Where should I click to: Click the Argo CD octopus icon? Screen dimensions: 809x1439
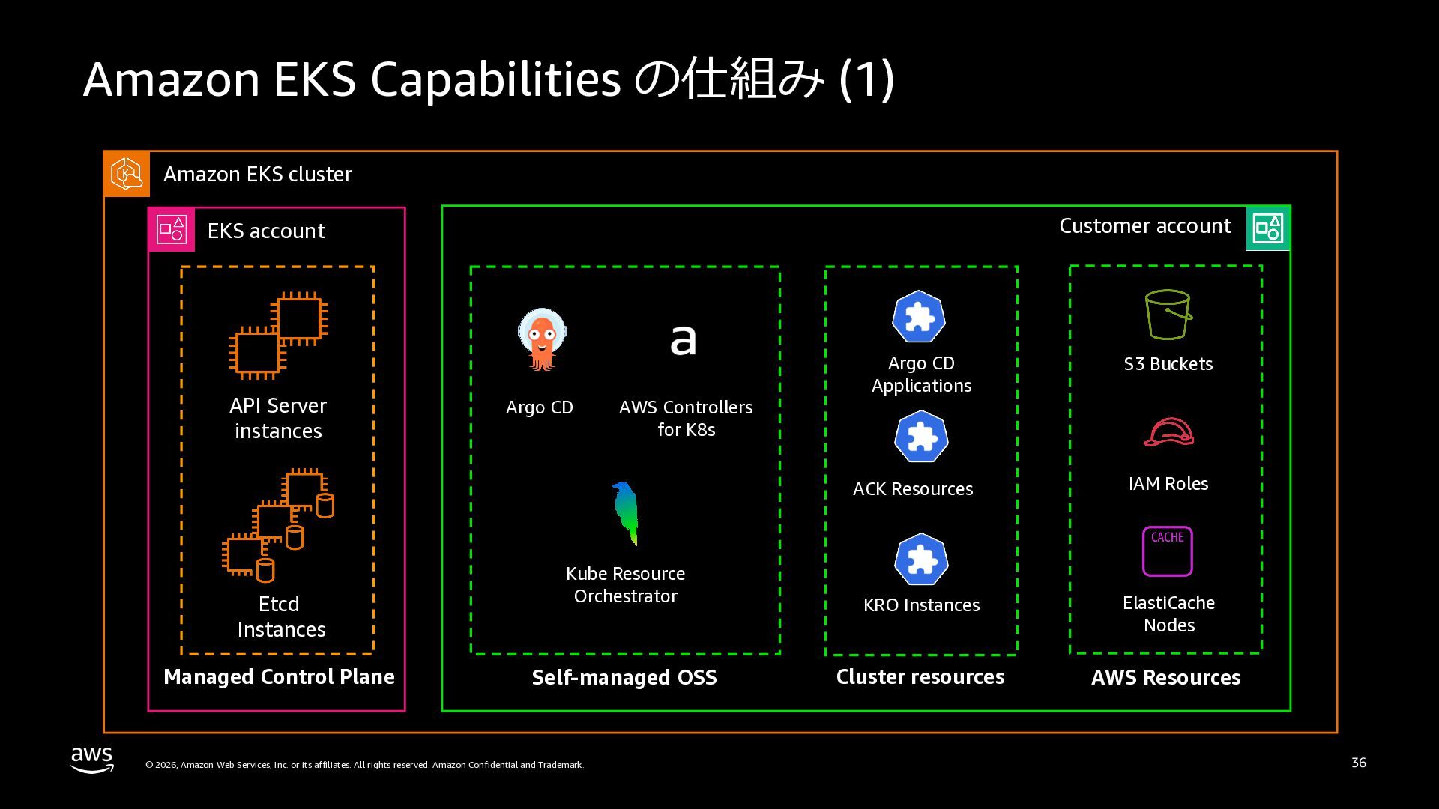[x=541, y=339]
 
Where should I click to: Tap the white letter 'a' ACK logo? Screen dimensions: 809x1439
[x=683, y=340]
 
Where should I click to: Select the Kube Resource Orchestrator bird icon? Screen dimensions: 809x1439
[x=625, y=513]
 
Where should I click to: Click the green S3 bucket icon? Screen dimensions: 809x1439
[x=1168, y=315]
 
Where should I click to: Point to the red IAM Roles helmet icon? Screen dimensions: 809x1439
[x=1168, y=433]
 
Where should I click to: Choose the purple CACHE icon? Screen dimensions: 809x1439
[x=1167, y=551]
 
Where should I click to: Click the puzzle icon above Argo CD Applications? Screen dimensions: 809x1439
[x=919, y=317]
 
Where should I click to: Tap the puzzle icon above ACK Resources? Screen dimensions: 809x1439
[x=921, y=437]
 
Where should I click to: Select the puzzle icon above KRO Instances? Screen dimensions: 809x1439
[x=921, y=560]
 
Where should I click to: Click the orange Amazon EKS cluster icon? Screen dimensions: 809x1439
[x=127, y=174]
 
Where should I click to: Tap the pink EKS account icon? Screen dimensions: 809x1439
[x=172, y=230]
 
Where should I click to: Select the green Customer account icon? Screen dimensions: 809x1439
[x=1268, y=228]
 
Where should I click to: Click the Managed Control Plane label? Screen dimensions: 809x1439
[x=279, y=677]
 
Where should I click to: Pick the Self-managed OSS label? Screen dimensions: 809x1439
[x=624, y=678]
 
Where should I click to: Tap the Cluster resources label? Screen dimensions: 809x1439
[x=920, y=677]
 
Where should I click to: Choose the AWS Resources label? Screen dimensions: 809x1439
[x=1165, y=678]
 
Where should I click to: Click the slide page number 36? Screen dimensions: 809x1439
[x=1358, y=763]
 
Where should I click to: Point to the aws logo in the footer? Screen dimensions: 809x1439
[x=92, y=759]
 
